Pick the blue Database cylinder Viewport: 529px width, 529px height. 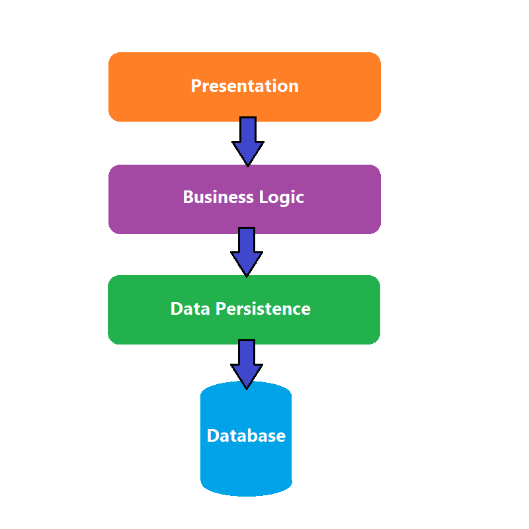point(246,463)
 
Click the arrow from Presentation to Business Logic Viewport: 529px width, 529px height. point(247,136)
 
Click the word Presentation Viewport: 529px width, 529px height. point(245,86)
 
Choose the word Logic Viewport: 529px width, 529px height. point(280,198)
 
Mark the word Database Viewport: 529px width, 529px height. point(246,436)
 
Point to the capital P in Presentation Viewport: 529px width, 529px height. point(196,86)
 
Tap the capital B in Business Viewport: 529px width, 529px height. point(188,197)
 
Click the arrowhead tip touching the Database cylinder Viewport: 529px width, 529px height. point(247,386)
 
